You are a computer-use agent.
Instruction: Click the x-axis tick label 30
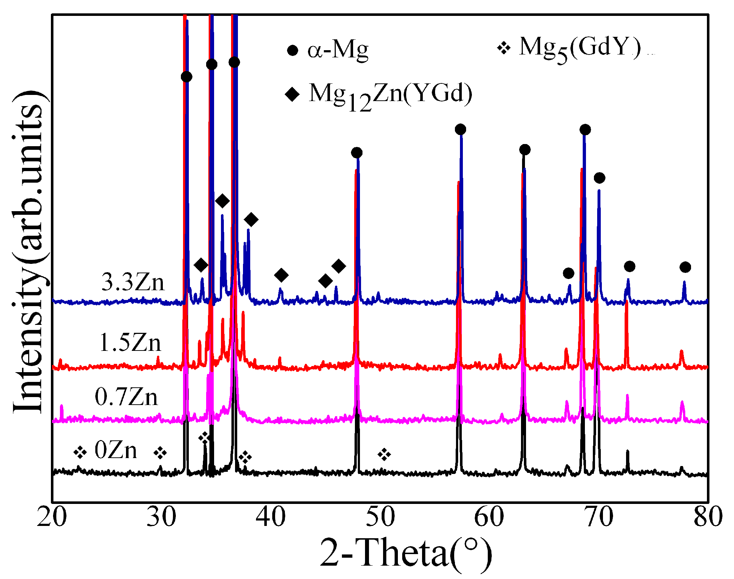point(161,517)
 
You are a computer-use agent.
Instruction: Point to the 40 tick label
point(271,517)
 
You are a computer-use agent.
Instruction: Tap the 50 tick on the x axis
point(380,517)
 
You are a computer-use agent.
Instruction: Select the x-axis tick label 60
point(489,517)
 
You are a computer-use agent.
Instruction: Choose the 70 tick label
point(599,517)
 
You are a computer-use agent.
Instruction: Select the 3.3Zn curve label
point(133,282)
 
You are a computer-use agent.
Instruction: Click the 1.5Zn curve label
point(130,343)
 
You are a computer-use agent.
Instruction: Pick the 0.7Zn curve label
point(126,397)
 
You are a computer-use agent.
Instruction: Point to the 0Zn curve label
point(116,450)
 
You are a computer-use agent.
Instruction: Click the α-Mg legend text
point(338,49)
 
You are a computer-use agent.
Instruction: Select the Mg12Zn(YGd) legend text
point(390,95)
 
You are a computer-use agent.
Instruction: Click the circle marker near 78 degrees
point(685,267)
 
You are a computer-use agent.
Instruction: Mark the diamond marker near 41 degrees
point(281,275)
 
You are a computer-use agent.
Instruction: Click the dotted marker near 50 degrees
point(384,454)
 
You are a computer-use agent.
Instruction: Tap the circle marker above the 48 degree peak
point(356,153)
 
